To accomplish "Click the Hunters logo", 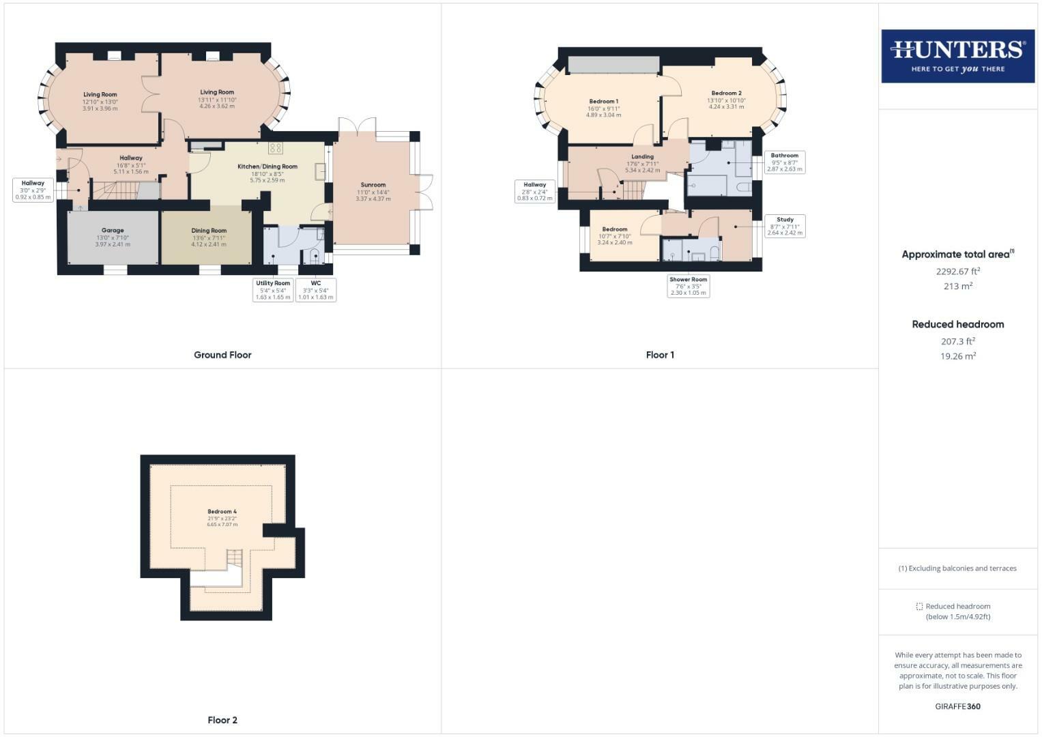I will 957,56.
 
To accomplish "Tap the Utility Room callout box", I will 273,290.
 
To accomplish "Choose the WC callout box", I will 316,290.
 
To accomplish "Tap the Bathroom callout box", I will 785,162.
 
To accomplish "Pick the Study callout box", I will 785,227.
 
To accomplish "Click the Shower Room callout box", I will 689,286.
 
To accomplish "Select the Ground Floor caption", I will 222,355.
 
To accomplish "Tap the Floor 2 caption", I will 222,720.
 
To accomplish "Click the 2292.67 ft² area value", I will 958,271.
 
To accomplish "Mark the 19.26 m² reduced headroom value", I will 958,356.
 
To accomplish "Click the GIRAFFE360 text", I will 957,706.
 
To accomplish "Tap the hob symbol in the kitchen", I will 276,148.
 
